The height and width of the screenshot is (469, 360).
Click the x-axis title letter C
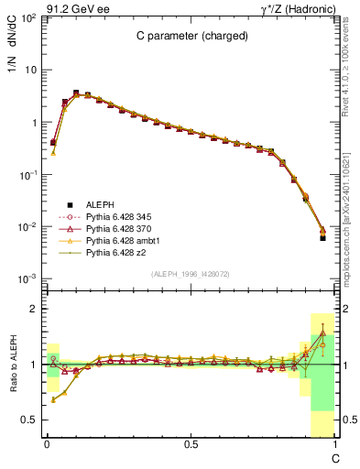coord(334,455)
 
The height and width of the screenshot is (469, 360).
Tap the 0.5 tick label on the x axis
coord(191,444)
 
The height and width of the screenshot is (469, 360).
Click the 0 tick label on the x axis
coord(47,444)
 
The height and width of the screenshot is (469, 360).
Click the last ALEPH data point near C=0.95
coord(322,237)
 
